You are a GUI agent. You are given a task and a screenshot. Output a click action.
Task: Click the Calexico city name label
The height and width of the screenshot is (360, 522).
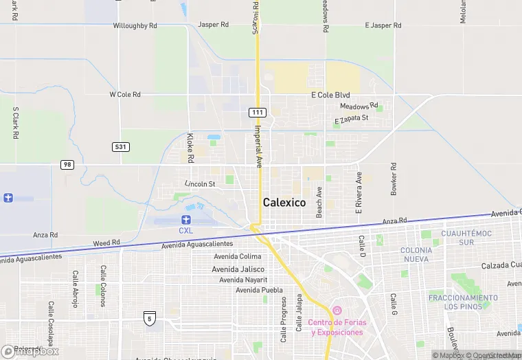coord(284,202)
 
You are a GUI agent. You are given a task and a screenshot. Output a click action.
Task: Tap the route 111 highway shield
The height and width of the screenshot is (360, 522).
coord(257,112)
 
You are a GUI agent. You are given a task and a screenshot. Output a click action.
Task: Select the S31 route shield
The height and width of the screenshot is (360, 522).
coord(121,147)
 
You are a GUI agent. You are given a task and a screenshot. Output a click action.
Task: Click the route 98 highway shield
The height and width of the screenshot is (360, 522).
coord(67,165)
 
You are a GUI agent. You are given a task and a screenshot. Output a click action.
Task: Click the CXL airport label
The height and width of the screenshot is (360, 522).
coord(186,230)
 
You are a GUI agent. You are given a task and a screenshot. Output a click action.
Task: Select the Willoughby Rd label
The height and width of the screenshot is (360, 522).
coord(135,25)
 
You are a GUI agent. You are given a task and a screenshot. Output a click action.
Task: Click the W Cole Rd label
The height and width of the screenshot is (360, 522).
coord(125,94)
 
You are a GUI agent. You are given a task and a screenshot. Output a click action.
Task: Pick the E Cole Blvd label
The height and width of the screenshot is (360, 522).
coord(330,95)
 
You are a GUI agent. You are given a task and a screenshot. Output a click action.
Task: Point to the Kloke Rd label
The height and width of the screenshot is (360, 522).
coord(190,147)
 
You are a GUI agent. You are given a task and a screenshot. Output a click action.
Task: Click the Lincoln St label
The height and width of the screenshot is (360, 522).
coord(200,184)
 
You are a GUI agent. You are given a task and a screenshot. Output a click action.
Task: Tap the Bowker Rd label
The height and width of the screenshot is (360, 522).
coord(394,179)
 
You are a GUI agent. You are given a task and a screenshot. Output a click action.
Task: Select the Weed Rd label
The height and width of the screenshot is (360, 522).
coord(106,243)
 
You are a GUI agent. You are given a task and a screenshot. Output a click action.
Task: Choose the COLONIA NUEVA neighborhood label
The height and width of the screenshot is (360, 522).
coord(416,254)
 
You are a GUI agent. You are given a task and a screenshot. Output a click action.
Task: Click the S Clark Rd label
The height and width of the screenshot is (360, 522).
coord(14,124)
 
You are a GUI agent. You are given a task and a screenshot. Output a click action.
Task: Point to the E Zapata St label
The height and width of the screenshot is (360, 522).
coord(352,120)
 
